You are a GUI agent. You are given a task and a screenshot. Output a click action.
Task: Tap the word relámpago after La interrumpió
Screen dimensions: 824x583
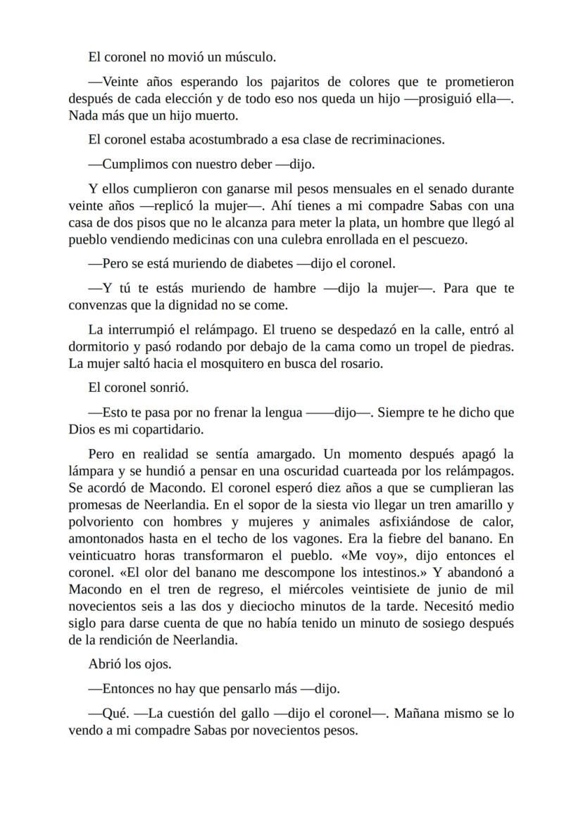[205, 330]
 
